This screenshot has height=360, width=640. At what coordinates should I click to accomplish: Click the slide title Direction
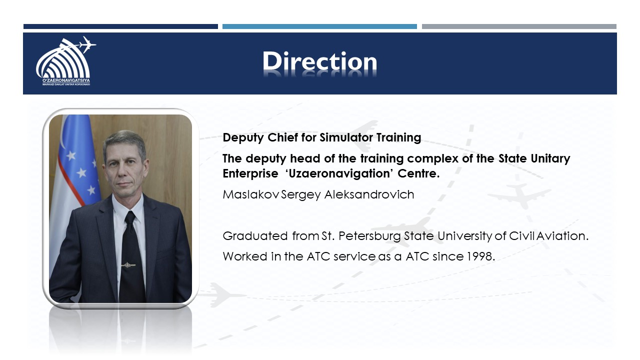tap(319, 61)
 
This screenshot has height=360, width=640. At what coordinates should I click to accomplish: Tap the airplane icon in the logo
tap(86, 44)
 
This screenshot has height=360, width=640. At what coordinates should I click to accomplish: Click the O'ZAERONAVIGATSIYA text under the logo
tap(66, 81)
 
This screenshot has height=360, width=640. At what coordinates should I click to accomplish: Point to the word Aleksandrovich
tap(369, 194)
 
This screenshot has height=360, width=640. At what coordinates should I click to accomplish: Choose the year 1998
tap(480, 256)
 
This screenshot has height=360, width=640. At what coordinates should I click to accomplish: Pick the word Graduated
tap(255, 236)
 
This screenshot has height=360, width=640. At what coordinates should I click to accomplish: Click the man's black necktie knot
tap(130, 217)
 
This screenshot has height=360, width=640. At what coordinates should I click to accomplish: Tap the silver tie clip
tap(128, 265)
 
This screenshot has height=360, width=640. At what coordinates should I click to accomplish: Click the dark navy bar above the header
tap(120, 26)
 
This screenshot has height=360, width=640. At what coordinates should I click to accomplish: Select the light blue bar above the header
tap(319, 26)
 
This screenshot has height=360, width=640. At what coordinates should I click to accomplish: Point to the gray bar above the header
tap(519, 26)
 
